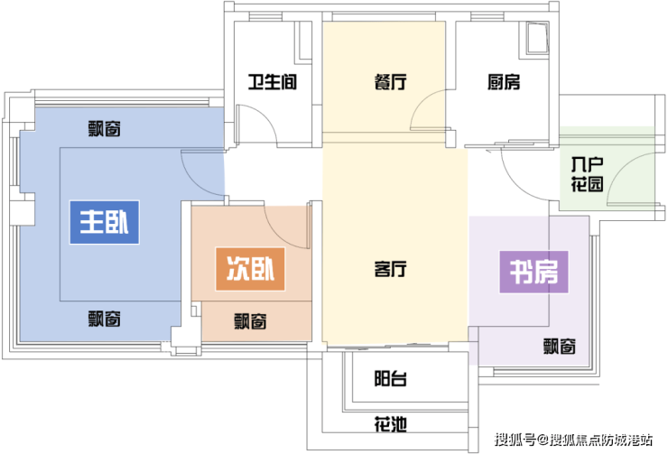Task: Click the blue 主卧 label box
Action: [x=105, y=223]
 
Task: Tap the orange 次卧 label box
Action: [x=249, y=268]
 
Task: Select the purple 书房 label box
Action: [x=533, y=270]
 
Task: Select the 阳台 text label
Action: [x=390, y=378]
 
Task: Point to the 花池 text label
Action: [x=390, y=422]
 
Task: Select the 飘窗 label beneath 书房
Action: [x=561, y=346]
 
